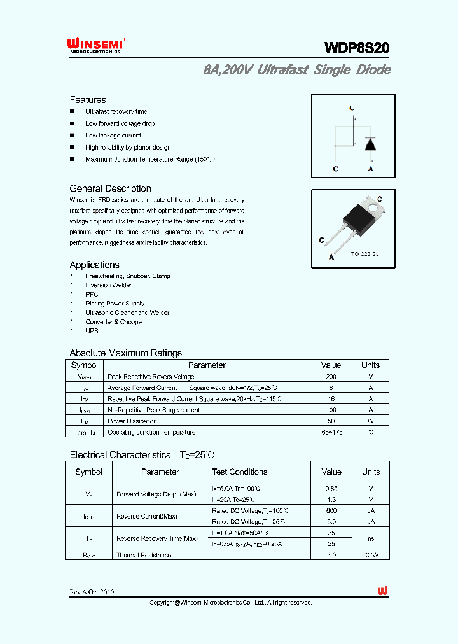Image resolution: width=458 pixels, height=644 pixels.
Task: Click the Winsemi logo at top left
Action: (x=97, y=45)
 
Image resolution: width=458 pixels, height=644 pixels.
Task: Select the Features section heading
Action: (x=88, y=100)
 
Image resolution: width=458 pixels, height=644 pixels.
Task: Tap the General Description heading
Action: (x=110, y=188)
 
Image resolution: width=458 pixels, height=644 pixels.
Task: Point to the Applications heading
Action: (x=94, y=265)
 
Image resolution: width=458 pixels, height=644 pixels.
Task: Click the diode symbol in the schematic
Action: (x=370, y=143)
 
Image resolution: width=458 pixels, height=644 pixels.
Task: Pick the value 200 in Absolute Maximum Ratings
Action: (x=331, y=377)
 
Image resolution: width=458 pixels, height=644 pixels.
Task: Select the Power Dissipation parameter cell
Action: (x=132, y=421)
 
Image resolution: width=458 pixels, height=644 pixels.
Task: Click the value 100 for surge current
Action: (x=331, y=410)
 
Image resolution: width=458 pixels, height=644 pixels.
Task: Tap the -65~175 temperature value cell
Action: (x=331, y=432)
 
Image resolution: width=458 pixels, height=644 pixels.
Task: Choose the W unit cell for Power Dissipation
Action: (x=370, y=421)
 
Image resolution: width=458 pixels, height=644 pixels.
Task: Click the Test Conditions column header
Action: (x=239, y=472)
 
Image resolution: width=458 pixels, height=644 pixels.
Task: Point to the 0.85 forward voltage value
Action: (x=331, y=488)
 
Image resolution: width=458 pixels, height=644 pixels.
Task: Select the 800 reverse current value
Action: (x=331, y=510)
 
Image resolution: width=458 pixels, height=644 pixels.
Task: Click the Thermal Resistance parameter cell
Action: (x=144, y=555)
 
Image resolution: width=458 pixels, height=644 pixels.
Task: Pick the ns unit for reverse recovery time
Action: (x=370, y=538)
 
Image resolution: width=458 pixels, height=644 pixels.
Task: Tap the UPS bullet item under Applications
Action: (x=92, y=331)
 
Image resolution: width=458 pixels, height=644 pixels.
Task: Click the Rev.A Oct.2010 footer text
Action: (x=92, y=591)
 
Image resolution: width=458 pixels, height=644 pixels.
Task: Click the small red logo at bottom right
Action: (x=383, y=591)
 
